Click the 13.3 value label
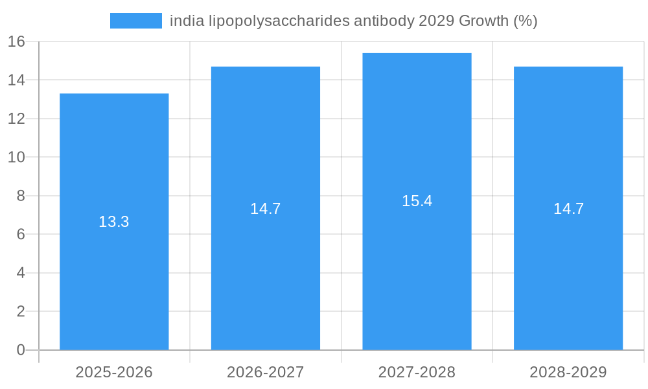coord(114,222)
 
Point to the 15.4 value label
coord(417,201)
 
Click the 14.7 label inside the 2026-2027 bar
coord(266,209)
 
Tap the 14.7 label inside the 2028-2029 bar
coord(568,209)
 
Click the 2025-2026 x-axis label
coord(114,372)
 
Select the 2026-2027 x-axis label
coord(266,372)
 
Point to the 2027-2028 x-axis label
coord(417,372)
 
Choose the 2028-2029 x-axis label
coord(568,372)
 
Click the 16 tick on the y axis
coord(16,41)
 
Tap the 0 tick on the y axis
coord(21,350)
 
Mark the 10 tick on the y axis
coord(16,157)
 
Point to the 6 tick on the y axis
coord(21,234)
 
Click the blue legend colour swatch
coord(136,21)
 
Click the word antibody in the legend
coord(384,21)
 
